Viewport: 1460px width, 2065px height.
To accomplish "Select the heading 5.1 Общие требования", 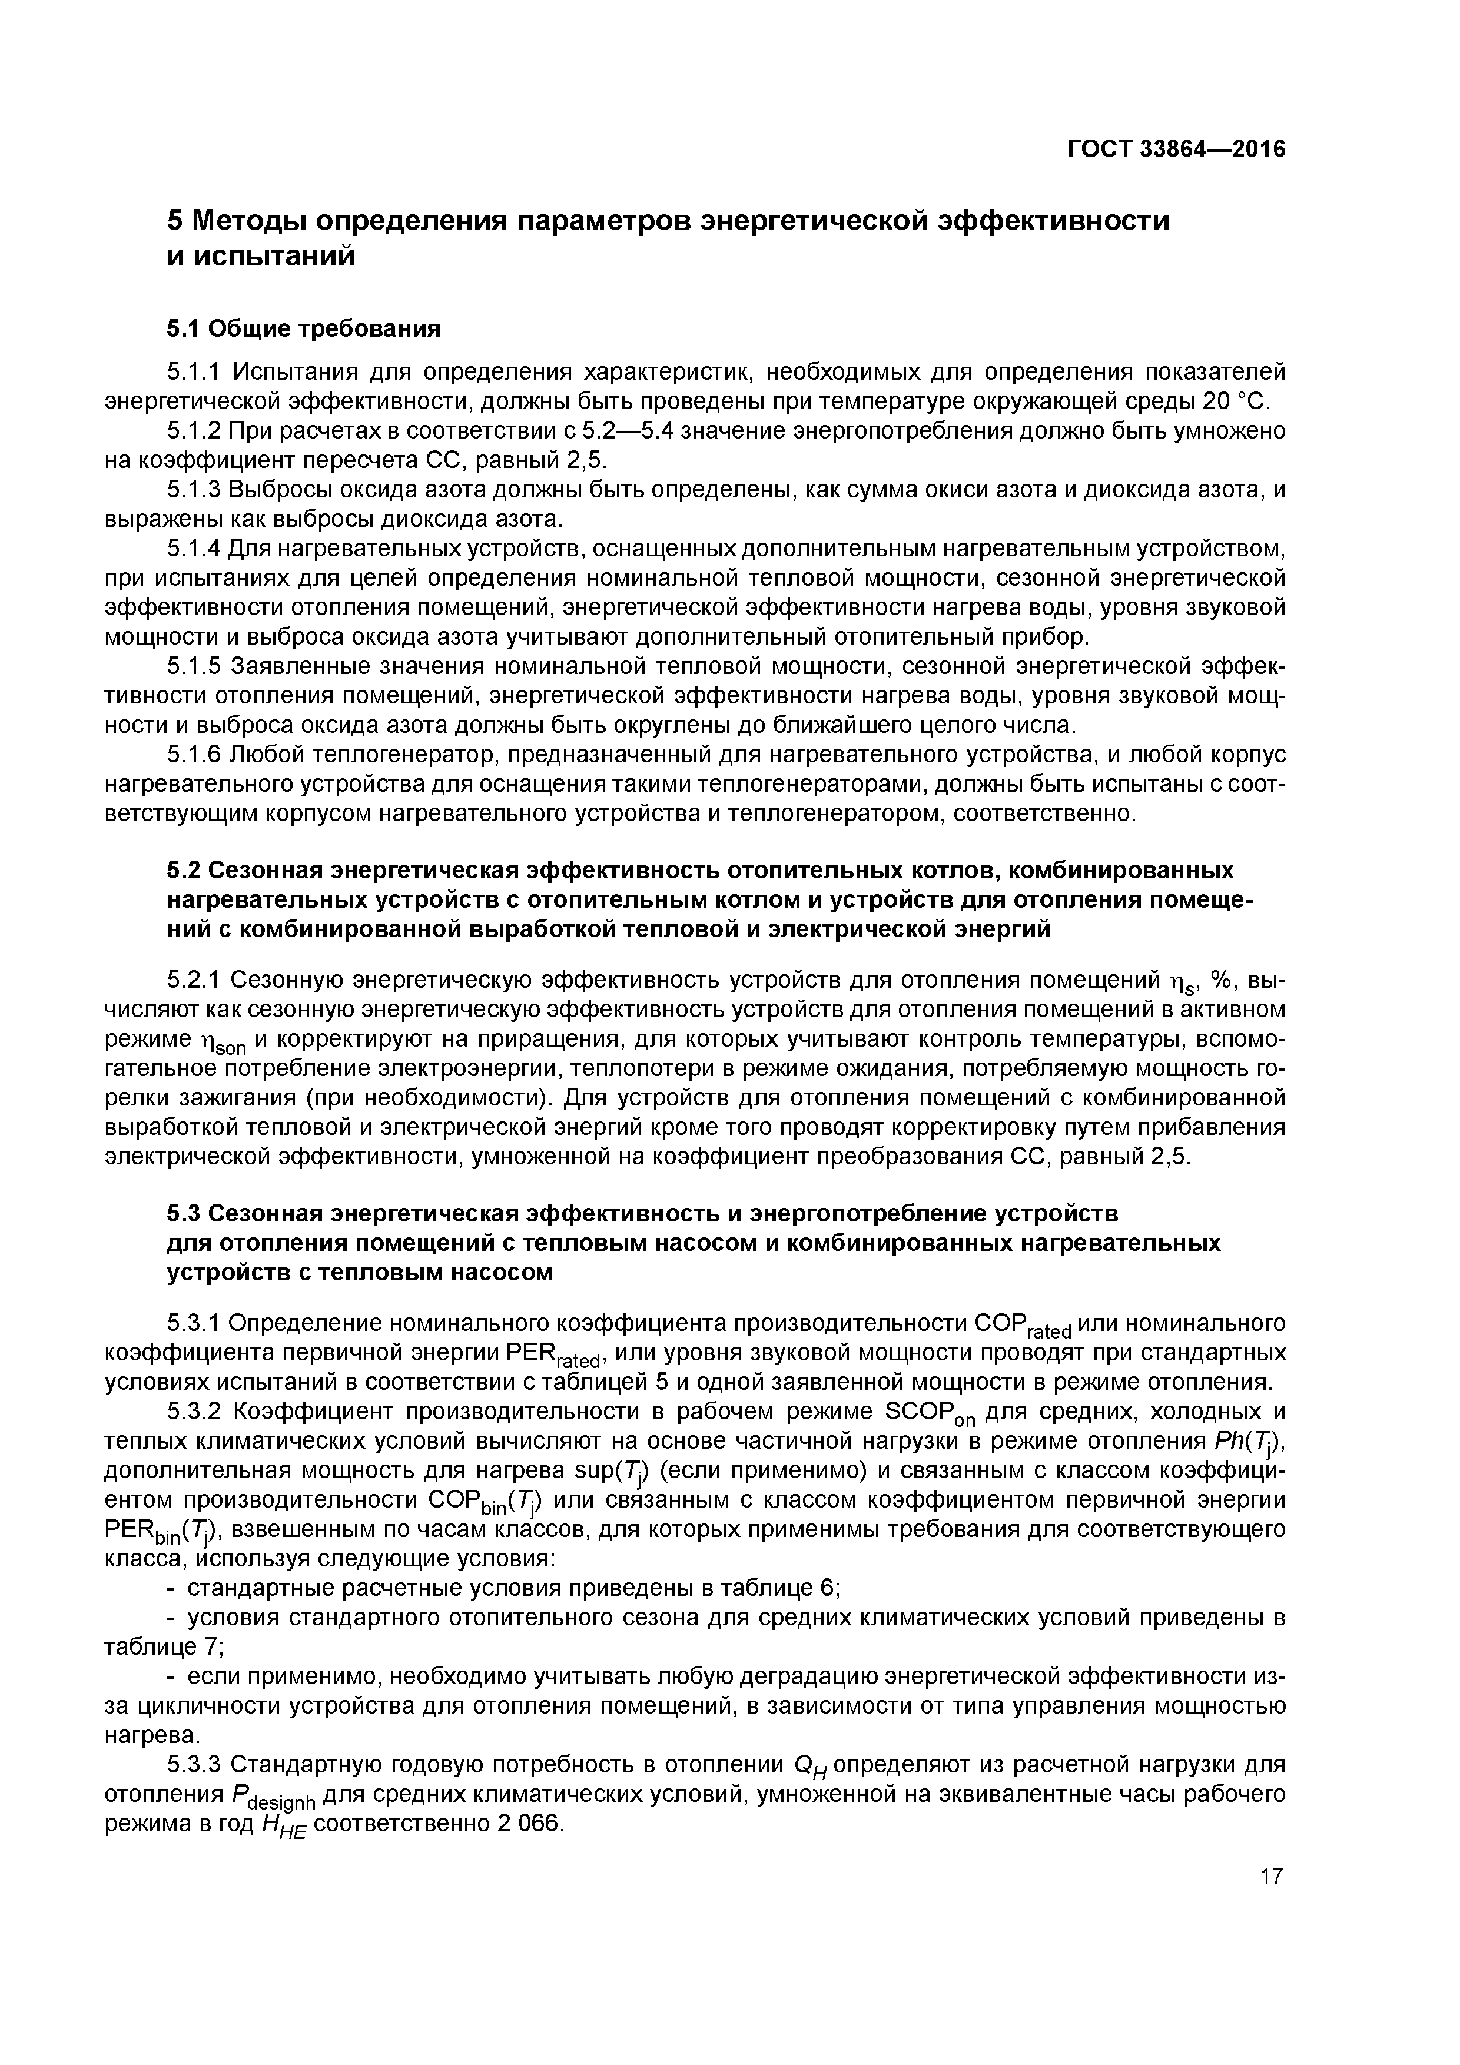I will click(304, 329).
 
